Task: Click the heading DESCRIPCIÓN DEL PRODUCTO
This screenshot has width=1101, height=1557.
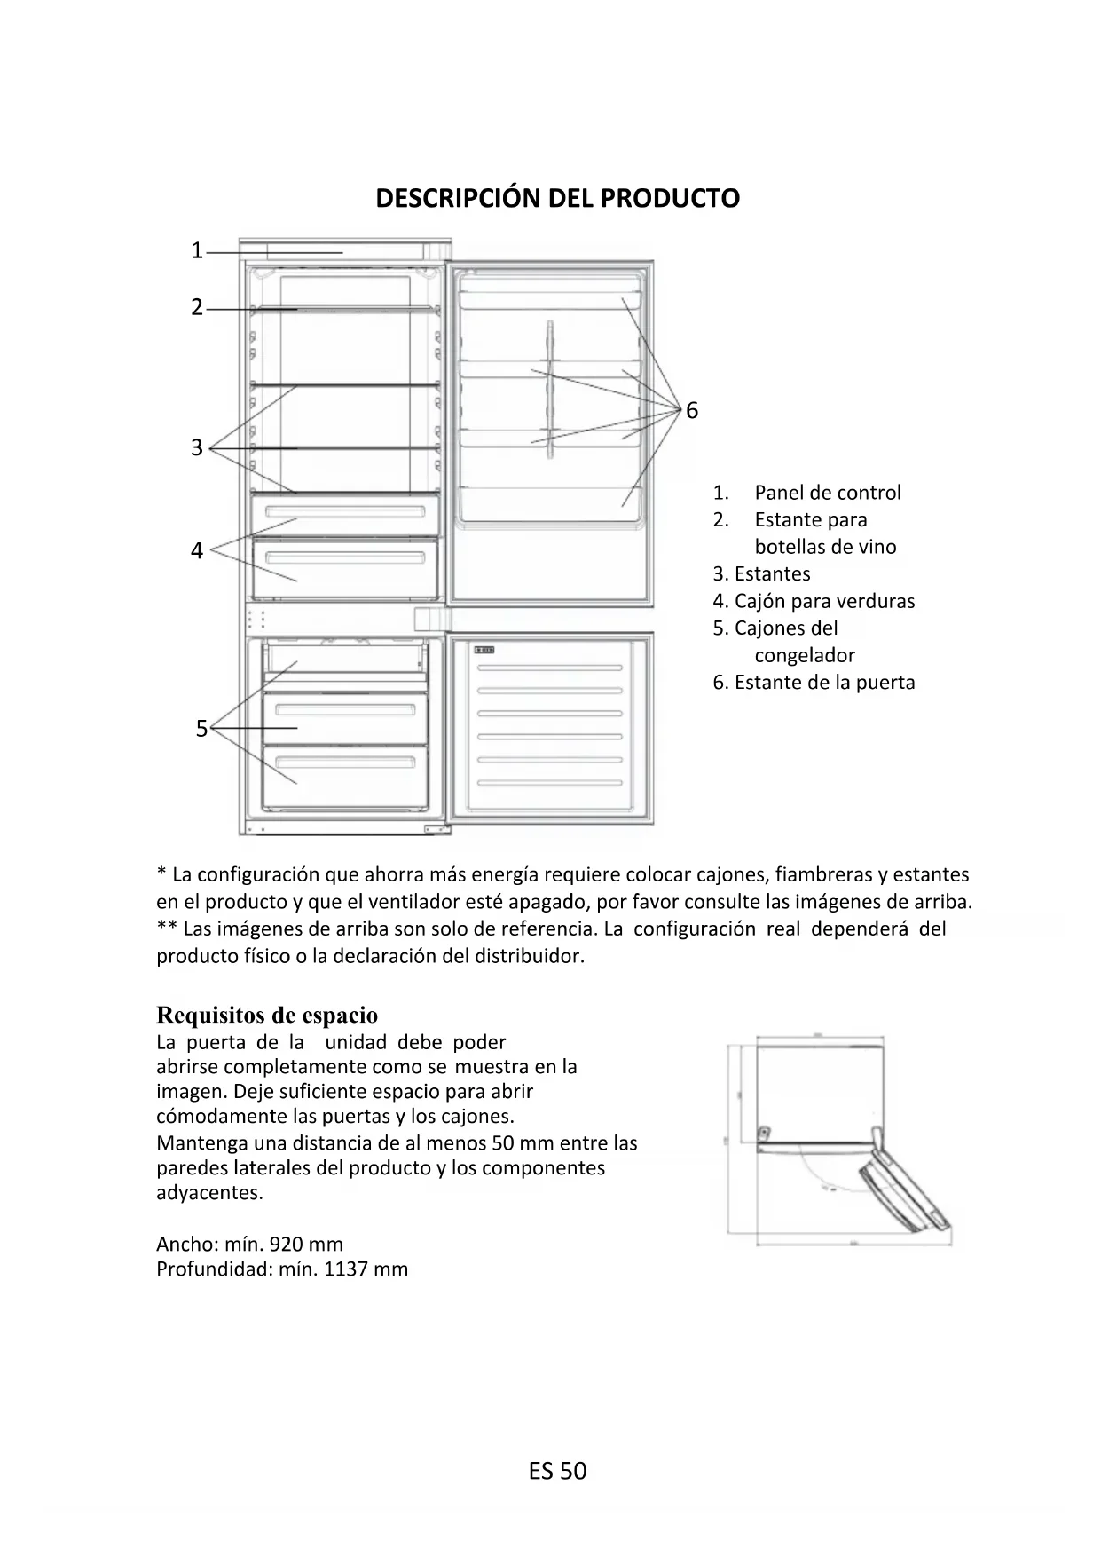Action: (557, 198)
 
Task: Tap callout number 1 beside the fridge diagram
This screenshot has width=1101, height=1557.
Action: (197, 251)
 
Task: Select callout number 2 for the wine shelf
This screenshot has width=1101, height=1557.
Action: (197, 308)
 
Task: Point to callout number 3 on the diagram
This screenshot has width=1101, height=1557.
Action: (197, 447)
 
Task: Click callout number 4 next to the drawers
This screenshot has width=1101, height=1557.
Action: (197, 551)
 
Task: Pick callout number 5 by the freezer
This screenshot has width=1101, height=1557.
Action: (201, 729)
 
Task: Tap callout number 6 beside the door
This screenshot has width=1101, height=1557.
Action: (692, 411)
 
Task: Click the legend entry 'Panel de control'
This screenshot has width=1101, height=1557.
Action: (827, 493)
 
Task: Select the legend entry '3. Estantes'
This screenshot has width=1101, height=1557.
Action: (761, 574)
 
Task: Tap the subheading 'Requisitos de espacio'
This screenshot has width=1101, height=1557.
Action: (267, 1015)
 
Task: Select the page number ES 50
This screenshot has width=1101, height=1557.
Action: (557, 1471)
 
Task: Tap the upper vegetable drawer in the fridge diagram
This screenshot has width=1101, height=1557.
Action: (345, 514)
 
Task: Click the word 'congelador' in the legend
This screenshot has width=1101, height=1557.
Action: (805, 656)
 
